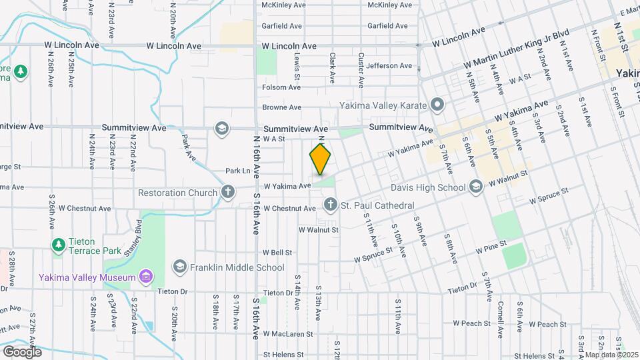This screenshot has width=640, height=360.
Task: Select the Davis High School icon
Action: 475,187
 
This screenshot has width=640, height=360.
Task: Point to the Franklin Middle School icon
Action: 179,267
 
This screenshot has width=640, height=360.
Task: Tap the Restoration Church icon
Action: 228,193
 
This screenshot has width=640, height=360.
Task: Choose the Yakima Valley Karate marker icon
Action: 437,105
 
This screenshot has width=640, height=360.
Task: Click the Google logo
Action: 22,351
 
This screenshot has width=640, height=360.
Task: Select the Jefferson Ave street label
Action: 389,66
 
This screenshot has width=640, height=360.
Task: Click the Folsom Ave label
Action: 282,87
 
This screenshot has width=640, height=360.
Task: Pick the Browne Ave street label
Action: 282,107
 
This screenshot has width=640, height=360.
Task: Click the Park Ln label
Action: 237,171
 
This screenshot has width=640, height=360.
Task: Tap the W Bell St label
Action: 277,253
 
